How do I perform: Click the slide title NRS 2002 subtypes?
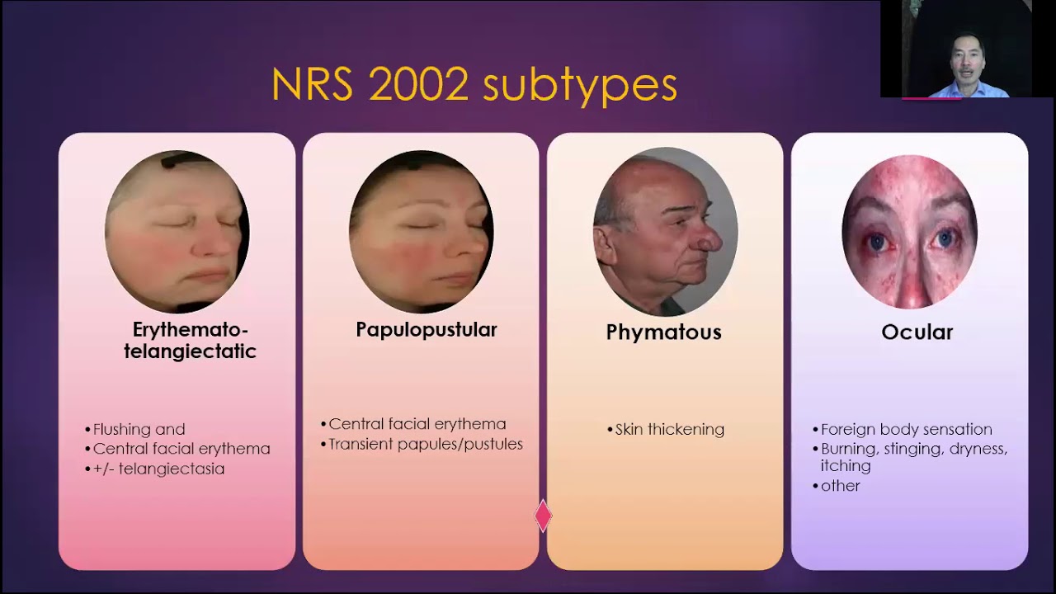474,85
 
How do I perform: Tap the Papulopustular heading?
426,330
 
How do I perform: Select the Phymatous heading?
663,332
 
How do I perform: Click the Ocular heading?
917,332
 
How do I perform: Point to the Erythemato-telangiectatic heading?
190,341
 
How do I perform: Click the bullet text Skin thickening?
669,430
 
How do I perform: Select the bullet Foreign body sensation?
906,430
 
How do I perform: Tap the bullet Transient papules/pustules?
425,444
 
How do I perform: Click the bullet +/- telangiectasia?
158,469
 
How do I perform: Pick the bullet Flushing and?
139,430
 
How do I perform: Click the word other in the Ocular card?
840,486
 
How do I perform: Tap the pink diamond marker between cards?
543,516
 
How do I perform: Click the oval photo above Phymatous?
665,232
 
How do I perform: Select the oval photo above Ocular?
909,232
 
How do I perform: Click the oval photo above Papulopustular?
421,232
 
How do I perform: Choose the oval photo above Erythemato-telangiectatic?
177,232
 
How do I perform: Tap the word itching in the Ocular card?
845,466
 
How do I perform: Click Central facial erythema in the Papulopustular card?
417,424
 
